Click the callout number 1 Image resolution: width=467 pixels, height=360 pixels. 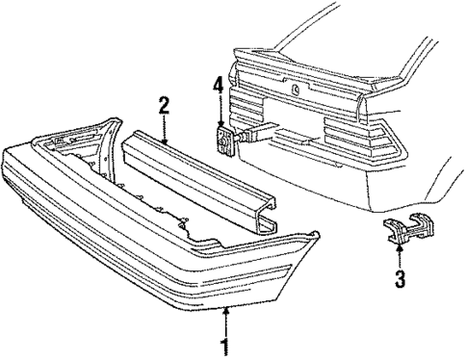pos(225,343)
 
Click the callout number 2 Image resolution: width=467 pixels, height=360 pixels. pos(165,104)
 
